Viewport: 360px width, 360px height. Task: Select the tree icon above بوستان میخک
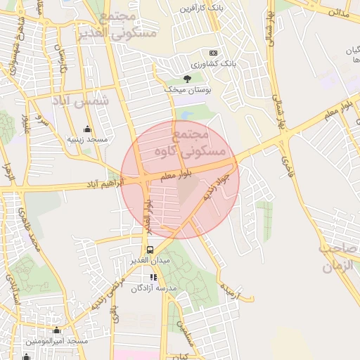187,78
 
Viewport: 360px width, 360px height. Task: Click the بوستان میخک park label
183,90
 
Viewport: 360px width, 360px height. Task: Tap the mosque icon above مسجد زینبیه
87,129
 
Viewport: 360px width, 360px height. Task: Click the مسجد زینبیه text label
87,140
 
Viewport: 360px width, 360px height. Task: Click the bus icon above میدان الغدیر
149,250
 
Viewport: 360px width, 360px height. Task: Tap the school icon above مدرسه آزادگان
154,277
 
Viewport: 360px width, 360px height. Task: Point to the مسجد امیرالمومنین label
57,341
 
